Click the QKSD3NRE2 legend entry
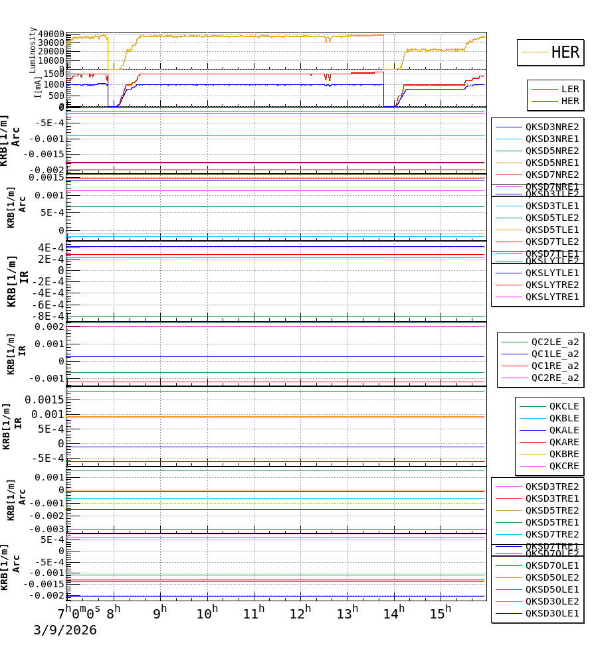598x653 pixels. (552, 127)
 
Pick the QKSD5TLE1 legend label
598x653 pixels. (552, 230)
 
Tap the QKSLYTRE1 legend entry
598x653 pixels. (552, 297)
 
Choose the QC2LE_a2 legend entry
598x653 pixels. (555, 342)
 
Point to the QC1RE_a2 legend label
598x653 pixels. (555, 366)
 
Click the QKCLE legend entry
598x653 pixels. (563, 406)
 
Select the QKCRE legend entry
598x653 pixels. (563, 466)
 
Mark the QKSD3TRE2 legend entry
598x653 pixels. (552, 486)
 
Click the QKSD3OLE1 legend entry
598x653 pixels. (552, 613)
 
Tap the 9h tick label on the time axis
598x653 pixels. (159, 613)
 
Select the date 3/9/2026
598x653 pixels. (65, 630)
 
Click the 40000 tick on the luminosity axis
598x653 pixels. (51, 35)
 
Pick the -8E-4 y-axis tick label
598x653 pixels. (50, 316)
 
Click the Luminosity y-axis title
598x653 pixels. (33, 50)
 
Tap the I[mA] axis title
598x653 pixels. (38, 87)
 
